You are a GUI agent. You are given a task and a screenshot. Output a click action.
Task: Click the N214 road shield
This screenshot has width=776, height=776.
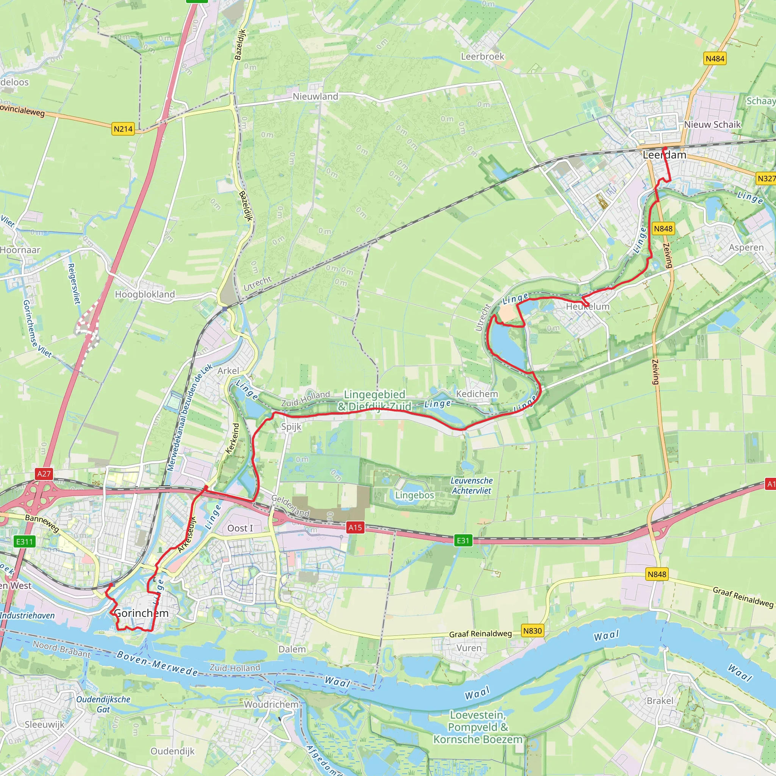[x=123, y=129]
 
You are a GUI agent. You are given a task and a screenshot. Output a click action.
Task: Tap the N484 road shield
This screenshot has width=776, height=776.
[x=715, y=59]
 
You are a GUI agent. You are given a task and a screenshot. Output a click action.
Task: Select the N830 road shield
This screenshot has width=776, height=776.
[x=533, y=630]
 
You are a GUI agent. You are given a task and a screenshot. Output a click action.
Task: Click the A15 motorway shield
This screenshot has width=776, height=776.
[x=355, y=527]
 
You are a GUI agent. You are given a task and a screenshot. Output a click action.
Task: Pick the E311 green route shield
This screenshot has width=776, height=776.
[x=25, y=541]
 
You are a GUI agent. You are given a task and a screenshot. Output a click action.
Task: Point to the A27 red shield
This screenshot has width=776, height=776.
[x=44, y=474]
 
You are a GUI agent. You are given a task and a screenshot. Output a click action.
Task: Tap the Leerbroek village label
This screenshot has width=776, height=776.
[x=482, y=56]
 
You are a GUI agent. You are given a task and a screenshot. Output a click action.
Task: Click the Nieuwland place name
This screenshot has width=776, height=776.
[x=315, y=96]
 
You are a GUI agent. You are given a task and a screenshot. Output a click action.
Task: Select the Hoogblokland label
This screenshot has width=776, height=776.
[x=145, y=294]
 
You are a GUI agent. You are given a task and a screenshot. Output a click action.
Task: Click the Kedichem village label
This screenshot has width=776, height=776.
[x=477, y=394]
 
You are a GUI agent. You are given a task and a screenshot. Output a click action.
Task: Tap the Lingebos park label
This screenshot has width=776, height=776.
[x=415, y=495]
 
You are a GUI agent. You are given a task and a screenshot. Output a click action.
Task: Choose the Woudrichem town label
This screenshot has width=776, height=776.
[x=272, y=704]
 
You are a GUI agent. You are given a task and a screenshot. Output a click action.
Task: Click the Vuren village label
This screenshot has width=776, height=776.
[x=469, y=648]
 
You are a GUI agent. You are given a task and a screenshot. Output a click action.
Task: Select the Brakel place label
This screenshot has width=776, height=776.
[x=660, y=701]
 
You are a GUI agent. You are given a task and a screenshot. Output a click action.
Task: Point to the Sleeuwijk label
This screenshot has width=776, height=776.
[x=45, y=724]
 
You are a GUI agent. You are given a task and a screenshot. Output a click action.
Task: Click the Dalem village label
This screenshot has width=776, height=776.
[x=292, y=649]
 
